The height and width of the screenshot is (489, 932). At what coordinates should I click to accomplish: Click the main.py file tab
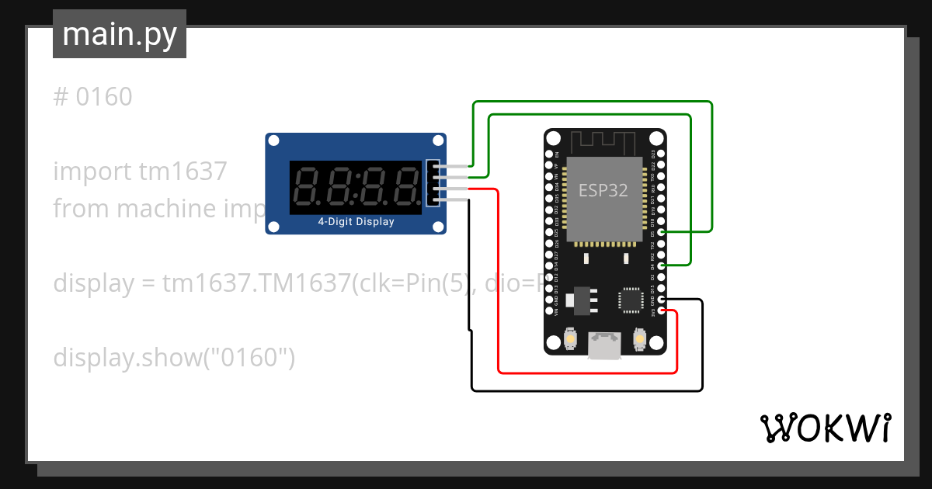(119, 34)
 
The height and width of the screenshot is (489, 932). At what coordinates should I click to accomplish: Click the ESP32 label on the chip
(603, 190)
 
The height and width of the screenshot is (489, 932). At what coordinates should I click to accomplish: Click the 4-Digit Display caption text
(356, 222)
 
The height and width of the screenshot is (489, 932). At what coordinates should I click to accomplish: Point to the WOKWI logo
(825, 428)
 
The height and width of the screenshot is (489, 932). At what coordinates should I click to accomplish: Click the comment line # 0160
(93, 98)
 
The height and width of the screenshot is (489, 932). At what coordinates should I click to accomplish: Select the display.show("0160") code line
(174, 358)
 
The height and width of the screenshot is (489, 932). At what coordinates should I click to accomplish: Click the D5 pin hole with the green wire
(661, 232)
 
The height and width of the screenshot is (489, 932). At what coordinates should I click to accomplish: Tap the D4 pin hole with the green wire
(661, 266)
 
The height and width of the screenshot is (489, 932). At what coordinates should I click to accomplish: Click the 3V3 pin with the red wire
(661, 311)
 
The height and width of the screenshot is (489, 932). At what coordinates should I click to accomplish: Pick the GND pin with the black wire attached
(661, 300)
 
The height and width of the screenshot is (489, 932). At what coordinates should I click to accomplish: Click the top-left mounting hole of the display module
(273, 140)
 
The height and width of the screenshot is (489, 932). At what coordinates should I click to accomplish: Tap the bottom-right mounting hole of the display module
(439, 227)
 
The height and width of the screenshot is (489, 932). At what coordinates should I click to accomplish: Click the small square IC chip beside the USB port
(630, 300)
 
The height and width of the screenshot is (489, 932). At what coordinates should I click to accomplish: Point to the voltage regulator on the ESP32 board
(580, 300)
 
